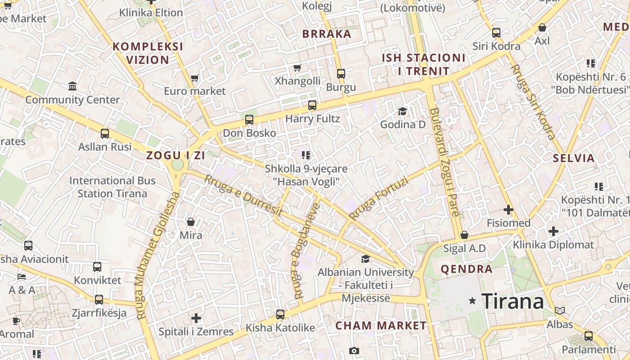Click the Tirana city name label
click(513, 301)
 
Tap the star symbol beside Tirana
click(472, 301)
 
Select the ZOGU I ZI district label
click(175, 156)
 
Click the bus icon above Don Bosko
click(249, 120)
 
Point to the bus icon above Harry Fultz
click(312, 105)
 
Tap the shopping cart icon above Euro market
click(194, 78)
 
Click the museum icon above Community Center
click(72, 86)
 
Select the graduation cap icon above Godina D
click(402, 111)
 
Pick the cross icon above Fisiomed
click(508, 210)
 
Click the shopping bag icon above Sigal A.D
click(464, 235)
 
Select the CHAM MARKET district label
click(381, 325)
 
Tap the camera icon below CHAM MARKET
click(354, 351)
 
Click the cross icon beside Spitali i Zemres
click(196, 318)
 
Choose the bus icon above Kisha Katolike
click(280, 314)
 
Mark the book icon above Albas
click(559, 310)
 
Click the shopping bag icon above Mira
click(191, 222)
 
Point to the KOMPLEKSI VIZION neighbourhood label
click(148, 53)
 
